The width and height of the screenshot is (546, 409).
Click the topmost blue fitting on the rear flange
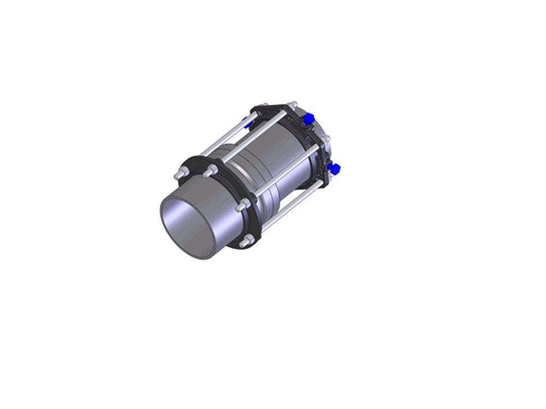pyautogui.click(x=308, y=117)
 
